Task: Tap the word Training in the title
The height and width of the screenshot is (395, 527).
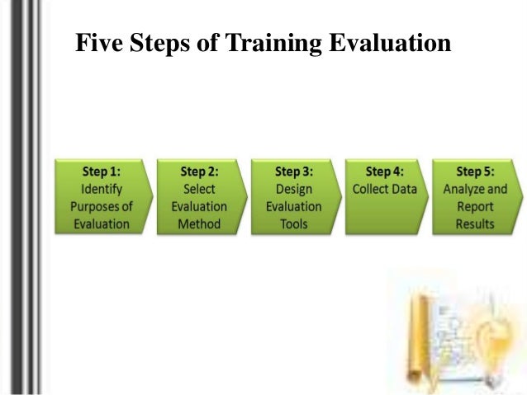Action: coord(269,43)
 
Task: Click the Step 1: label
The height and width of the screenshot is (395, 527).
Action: coord(101,172)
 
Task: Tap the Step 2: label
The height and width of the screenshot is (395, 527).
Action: coord(199,172)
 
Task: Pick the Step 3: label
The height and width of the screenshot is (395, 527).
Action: coord(293,172)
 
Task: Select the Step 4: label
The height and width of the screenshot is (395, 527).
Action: coord(385,172)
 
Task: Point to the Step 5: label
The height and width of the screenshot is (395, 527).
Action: coord(475,172)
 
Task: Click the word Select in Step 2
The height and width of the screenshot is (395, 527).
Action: coord(199,189)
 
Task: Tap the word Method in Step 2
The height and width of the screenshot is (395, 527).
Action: coord(199,223)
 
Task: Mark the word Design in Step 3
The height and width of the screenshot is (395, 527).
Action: coord(293,189)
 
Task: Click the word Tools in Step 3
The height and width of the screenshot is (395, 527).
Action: coord(293,223)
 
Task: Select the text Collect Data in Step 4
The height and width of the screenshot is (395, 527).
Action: coord(385,189)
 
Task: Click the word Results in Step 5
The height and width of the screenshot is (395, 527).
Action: coord(475,223)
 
